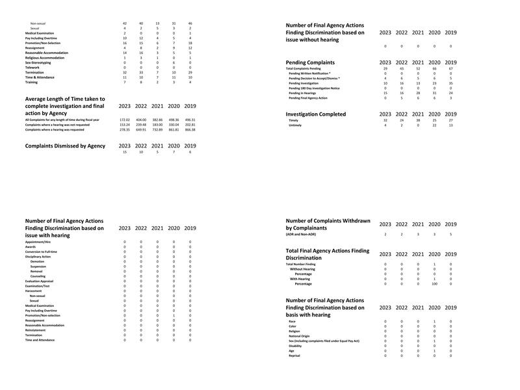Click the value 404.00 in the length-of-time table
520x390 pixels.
pos(141,120)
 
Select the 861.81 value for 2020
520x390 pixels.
pos(174,129)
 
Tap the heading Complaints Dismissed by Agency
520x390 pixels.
pos(65,146)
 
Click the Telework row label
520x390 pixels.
pos(32,67)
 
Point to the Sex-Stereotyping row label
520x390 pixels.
pos(38,62)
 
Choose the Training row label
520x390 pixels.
pos(31,82)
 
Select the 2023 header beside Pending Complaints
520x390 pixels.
pos(385,62)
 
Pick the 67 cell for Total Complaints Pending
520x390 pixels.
pos(450,68)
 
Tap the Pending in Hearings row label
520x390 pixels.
pos(307,93)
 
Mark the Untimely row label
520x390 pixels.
pos(296,125)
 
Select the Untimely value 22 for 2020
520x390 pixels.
pos(434,125)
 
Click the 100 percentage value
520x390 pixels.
pos(434,284)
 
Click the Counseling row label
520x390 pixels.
pos(38,276)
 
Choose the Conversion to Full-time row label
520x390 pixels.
pos(41,252)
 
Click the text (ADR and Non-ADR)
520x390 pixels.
pos(303,234)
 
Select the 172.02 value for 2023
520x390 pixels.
pos(125,120)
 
